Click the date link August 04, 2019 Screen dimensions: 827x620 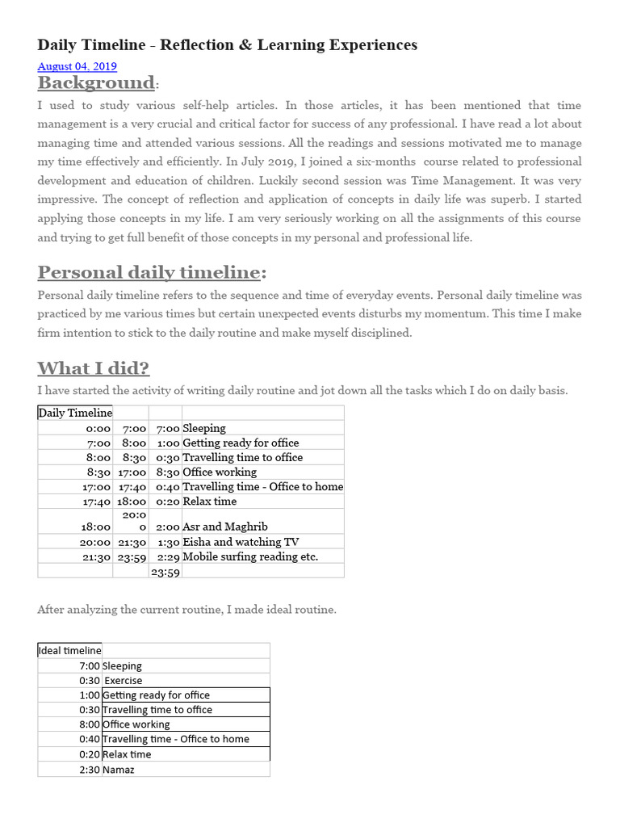77,66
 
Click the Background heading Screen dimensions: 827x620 96,82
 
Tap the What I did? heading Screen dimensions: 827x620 93,368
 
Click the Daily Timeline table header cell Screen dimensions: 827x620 74,413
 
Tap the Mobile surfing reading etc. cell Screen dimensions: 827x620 250,556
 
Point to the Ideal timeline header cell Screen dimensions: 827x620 69,650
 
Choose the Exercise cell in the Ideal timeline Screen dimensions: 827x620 124,680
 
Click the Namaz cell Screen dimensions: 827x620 119,769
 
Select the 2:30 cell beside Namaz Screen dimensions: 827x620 89,769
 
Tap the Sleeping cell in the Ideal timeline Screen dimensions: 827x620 122,665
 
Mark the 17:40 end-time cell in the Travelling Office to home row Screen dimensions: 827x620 132,486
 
